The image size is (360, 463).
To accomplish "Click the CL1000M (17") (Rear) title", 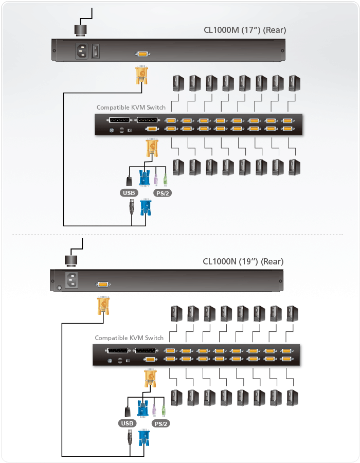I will (244, 30).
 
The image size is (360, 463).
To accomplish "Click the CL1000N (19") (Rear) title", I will (243, 261).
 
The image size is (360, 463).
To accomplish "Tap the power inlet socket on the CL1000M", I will (82, 51).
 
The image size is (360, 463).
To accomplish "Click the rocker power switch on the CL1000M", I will (96, 51).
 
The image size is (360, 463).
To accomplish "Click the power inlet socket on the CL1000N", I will (70, 281).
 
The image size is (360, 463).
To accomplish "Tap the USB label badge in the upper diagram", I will (129, 193).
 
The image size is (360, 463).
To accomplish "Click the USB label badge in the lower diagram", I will (127, 423).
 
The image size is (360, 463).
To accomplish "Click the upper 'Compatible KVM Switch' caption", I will (131, 108).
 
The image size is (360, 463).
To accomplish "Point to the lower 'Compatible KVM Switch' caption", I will (129, 338).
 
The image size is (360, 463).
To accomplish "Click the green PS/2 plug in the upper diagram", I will (165, 181).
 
